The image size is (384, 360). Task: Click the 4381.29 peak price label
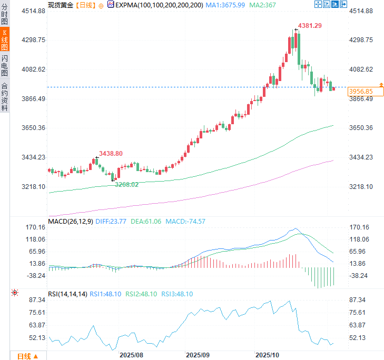[310, 25]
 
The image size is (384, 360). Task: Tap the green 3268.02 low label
[127, 184]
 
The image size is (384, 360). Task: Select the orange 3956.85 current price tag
[361, 92]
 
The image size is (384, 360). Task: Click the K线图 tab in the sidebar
[5, 39]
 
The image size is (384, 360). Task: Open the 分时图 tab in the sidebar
[5, 14]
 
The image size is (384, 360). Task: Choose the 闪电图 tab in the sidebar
[5, 65]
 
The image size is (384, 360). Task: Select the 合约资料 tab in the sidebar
[5, 96]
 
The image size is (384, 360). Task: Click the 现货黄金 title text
[60, 5]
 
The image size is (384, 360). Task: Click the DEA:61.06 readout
[146, 222]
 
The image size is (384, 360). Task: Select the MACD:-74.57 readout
[185, 222]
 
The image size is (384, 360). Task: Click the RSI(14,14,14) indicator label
[67, 294]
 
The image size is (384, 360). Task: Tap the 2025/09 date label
[198, 355]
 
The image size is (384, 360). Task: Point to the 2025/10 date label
[267, 355]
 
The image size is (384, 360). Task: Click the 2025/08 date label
[132, 355]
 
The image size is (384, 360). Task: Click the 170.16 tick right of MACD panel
[361, 227]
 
